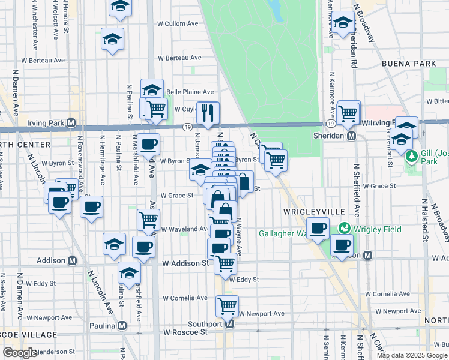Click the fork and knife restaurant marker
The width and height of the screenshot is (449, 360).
pyautogui.click(x=208, y=113)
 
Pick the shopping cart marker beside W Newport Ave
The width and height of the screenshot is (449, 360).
pyautogui.click(x=227, y=306)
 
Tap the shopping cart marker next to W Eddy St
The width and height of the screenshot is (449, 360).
pyautogui.click(x=225, y=263)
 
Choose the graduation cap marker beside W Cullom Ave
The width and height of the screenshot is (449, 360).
pyautogui.click(x=112, y=39)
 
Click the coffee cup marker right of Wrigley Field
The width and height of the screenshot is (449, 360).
pyautogui.click(x=342, y=245)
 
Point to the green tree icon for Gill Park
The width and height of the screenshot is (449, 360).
pyautogui.click(x=411, y=157)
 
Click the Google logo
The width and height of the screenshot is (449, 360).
pyautogui.click(x=19, y=353)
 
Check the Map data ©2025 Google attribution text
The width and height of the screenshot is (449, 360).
pyautogui.click(x=411, y=355)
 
